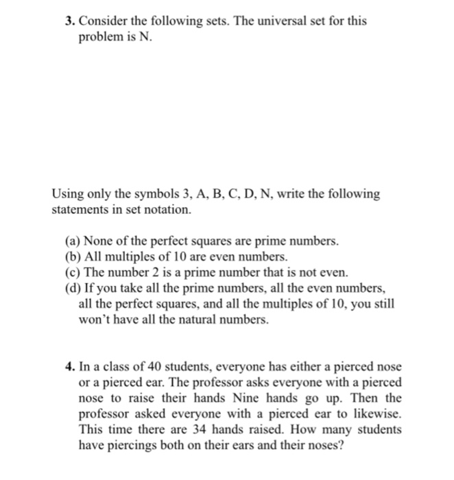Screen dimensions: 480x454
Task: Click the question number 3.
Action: (x=70, y=21)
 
